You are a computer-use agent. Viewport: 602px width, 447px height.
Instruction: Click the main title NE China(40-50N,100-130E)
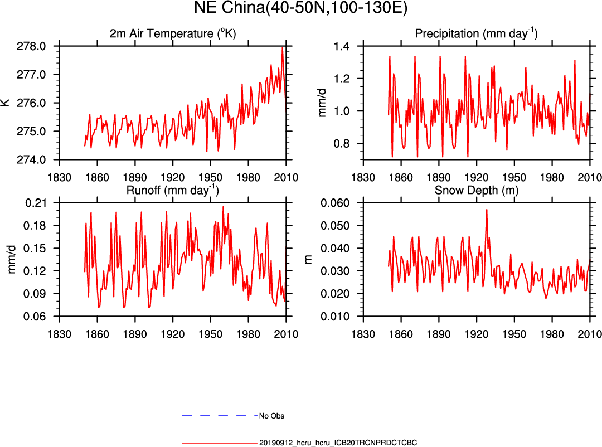pyautogui.click(x=301, y=8)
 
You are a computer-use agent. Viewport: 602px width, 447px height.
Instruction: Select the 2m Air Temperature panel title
pyautogui.click(x=173, y=33)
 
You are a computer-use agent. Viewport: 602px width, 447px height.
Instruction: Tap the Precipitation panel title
pyautogui.click(x=476, y=33)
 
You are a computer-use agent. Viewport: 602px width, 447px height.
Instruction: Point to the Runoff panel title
pyautogui.click(x=173, y=190)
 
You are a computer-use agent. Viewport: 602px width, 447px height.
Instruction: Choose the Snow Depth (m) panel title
pyautogui.click(x=476, y=190)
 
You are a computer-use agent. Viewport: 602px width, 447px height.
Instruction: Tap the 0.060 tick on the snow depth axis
pyautogui.click(x=342, y=203)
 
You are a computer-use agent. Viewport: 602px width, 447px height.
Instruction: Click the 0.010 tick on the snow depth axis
pyautogui.click(x=342, y=317)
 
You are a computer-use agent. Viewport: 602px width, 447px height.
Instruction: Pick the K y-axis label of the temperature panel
pyautogui.click(x=6, y=103)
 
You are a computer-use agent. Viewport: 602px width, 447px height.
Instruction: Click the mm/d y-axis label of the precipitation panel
pyautogui.click(x=323, y=103)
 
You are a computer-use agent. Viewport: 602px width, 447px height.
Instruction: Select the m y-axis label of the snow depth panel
pyautogui.click(x=323, y=259)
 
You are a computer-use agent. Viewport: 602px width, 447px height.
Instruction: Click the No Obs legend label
pyautogui.click(x=272, y=416)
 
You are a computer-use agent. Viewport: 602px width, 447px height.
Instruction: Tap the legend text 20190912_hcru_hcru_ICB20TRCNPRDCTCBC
pyautogui.click(x=338, y=443)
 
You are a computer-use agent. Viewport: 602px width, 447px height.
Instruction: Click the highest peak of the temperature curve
pyautogui.click(x=283, y=47)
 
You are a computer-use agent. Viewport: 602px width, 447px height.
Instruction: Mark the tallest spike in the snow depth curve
pyautogui.click(x=487, y=210)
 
